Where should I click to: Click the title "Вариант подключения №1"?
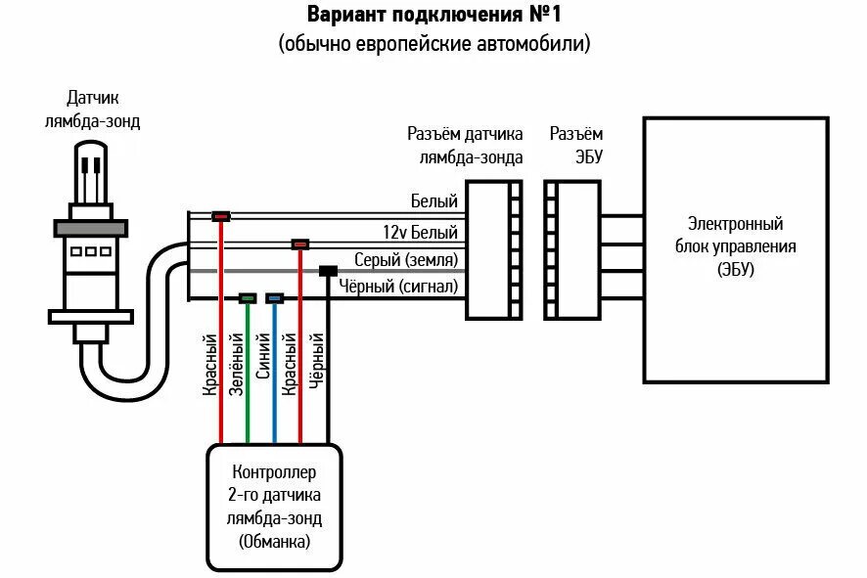tap(434, 15)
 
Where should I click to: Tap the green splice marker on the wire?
tap(248, 298)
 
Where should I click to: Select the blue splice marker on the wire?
tap(275, 298)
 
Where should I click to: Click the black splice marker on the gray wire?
tap(328, 271)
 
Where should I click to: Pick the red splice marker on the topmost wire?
tap(221, 216)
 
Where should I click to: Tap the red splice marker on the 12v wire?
tap(300, 244)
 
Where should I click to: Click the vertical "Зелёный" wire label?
tap(236, 364)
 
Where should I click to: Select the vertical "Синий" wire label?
tap(262, 356)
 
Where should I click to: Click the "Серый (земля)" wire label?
tap(406, 259)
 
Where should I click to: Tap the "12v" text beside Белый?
tap(394, 232)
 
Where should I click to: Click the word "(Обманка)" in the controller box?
tap(274, 541)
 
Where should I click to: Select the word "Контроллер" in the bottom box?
tap(274, 472)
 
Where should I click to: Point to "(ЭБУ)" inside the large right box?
tap(736, 269)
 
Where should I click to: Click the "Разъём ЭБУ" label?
tap(576, 145)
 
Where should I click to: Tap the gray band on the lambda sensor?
tap(91, 228)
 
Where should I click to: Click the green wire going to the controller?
tap(248, 374)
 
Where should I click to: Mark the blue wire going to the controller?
tap(275, 374)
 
